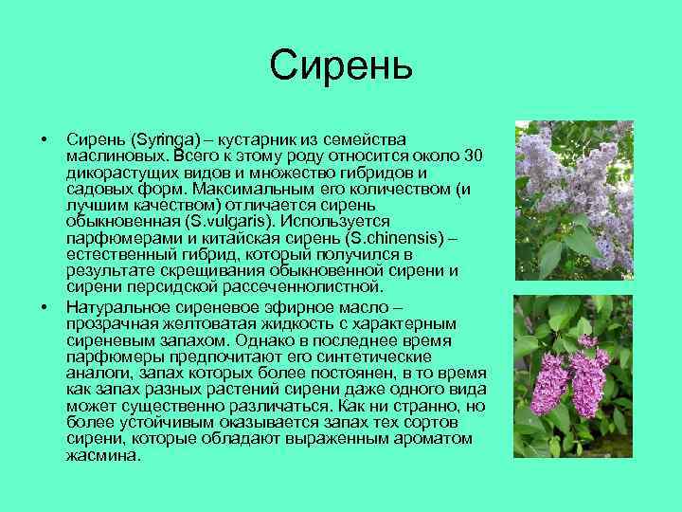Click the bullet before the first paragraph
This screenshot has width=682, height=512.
[45, 140]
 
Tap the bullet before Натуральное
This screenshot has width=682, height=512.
[45, 307]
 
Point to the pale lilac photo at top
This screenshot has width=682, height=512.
[573, 199]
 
